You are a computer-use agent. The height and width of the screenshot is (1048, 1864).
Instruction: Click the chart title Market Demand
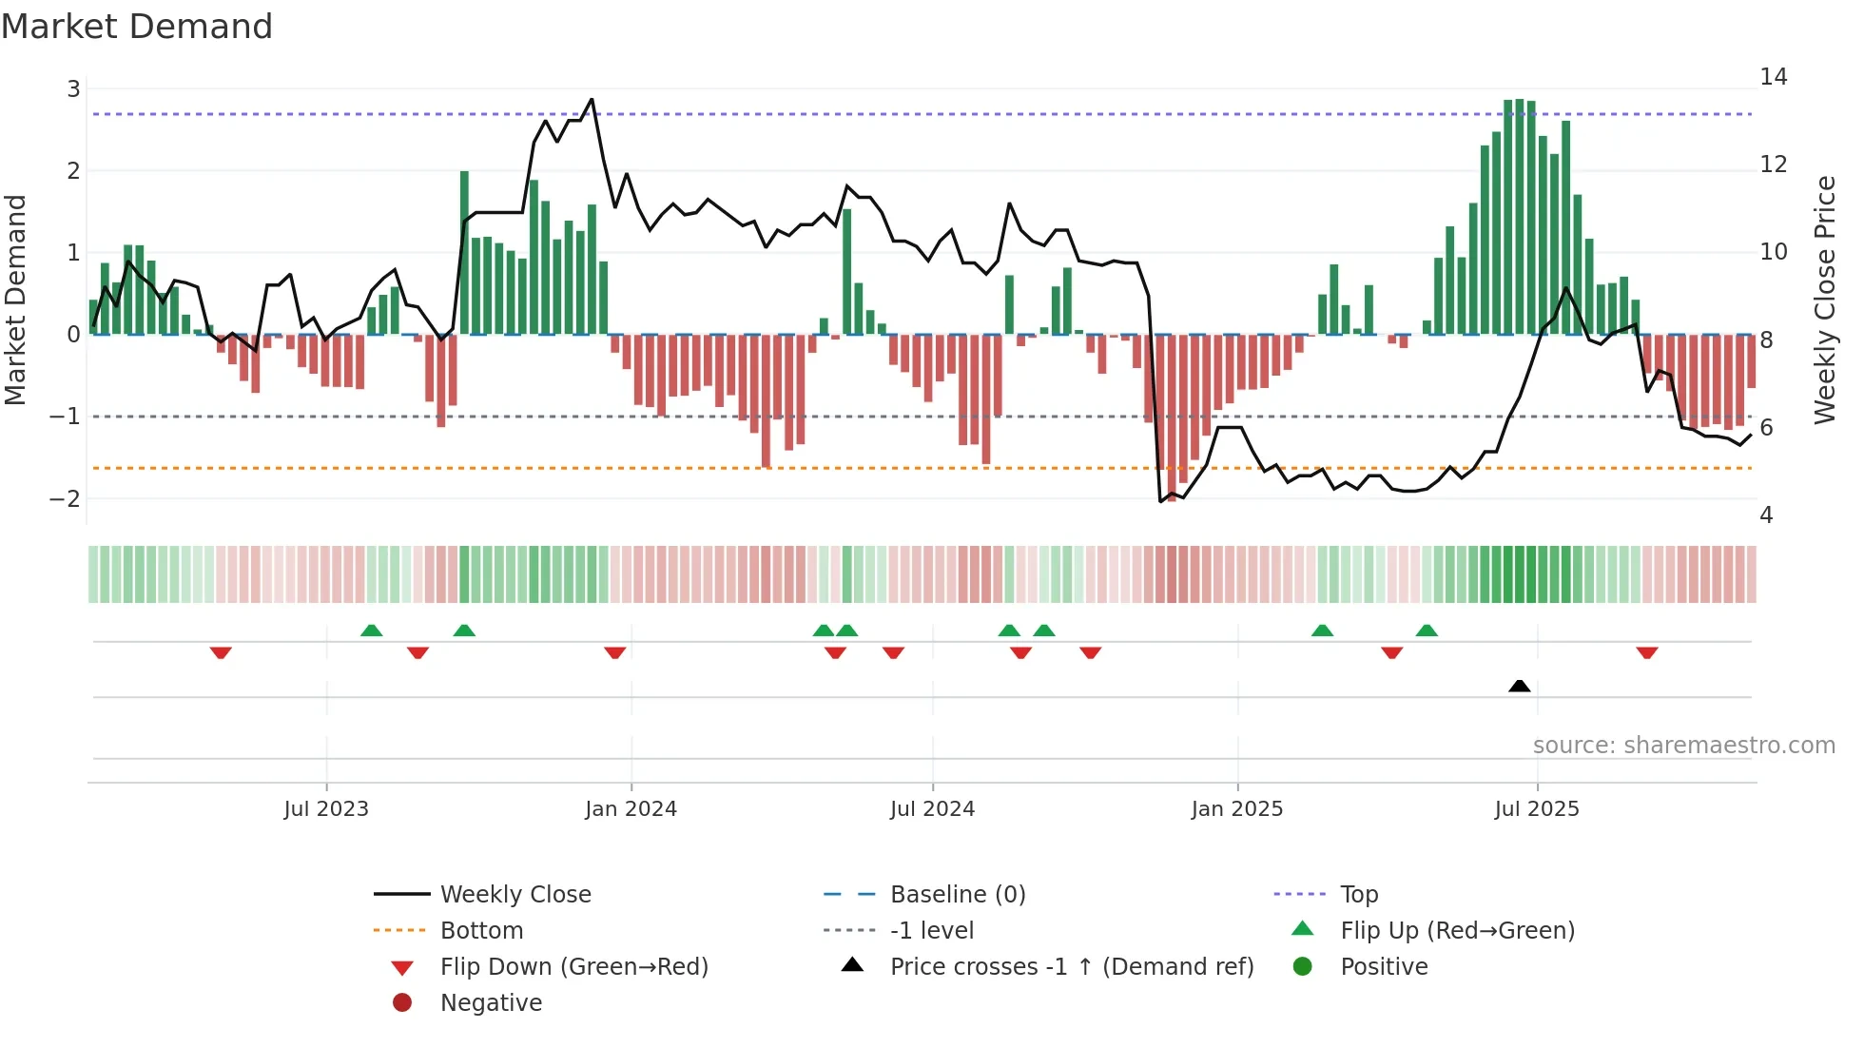[x=137, y=27]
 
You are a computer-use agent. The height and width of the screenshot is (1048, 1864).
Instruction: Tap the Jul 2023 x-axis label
[x=326, y=809]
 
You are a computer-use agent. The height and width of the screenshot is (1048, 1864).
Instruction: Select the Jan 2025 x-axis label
[x=1236, y=809]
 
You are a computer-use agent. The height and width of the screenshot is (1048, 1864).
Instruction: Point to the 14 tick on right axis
[x=1773, y=77]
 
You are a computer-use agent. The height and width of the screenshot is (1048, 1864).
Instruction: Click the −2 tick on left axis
[x=66, y=498]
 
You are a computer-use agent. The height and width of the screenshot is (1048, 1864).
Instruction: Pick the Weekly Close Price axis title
[x=1824, y=300]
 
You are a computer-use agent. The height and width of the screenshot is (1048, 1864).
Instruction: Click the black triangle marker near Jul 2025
[x=1519, y=686]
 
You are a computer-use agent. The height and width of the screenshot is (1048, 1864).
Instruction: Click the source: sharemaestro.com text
[x=1683, y=745]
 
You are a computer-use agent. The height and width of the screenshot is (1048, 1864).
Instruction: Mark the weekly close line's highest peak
[x=592, y=99]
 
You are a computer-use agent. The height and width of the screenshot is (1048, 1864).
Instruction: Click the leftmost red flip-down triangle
[x=221, y=652]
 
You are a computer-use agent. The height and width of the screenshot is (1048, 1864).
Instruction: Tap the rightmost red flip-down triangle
[x=1647, y=652]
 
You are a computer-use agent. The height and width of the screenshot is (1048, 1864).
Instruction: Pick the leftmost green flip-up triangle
[x=372, y=631]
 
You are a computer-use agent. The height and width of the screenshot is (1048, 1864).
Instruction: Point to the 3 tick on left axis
[x=73, y=89]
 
